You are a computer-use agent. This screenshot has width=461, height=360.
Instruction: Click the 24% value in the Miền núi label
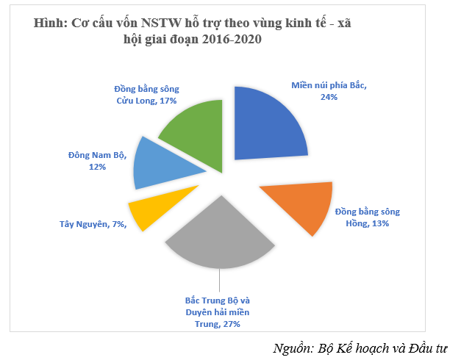(329, 97)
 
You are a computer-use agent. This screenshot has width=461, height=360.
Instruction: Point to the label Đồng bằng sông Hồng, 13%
(368, 217)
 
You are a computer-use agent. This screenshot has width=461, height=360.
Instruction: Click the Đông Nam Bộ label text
(96, 156)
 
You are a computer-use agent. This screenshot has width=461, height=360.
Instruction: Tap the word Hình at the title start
(50, 24)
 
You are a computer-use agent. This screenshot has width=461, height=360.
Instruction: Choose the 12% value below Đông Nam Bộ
(96, 168)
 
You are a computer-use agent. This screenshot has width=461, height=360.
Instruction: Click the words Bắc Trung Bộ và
(218, 300)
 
